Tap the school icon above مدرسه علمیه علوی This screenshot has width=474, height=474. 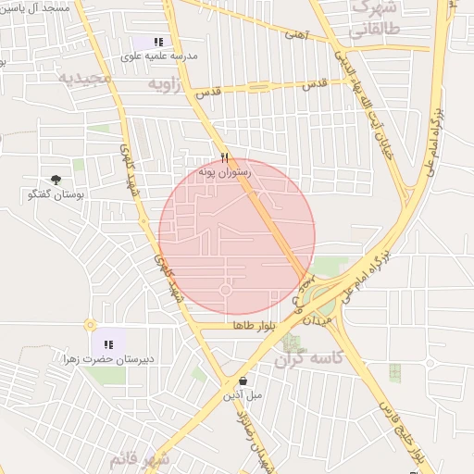[x=158, y=42]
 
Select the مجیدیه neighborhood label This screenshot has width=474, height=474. [x=85, y=79]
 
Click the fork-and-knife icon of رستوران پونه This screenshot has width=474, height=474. [x=224, y=157]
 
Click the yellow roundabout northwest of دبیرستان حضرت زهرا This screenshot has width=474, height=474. [x=90, y=324]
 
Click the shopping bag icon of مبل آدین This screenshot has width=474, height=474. [x=243, y=380]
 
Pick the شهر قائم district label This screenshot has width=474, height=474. [x=139, y=459]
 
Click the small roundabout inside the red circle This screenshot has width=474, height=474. [x=225, y=290]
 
